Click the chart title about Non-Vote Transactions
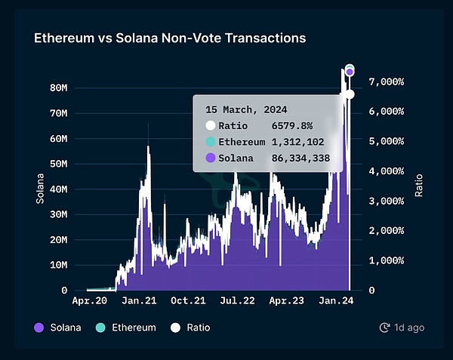click(170, 37)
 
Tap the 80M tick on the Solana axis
click(59, 88)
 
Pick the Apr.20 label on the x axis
click(89, 300)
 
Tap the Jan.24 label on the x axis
click(336, 300)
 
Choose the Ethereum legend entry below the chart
click(126, 328)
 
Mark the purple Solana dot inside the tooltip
click(211, 158)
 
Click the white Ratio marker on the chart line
click(350, 94)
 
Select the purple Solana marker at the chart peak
click(350, 72)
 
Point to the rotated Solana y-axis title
click(40, 189)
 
